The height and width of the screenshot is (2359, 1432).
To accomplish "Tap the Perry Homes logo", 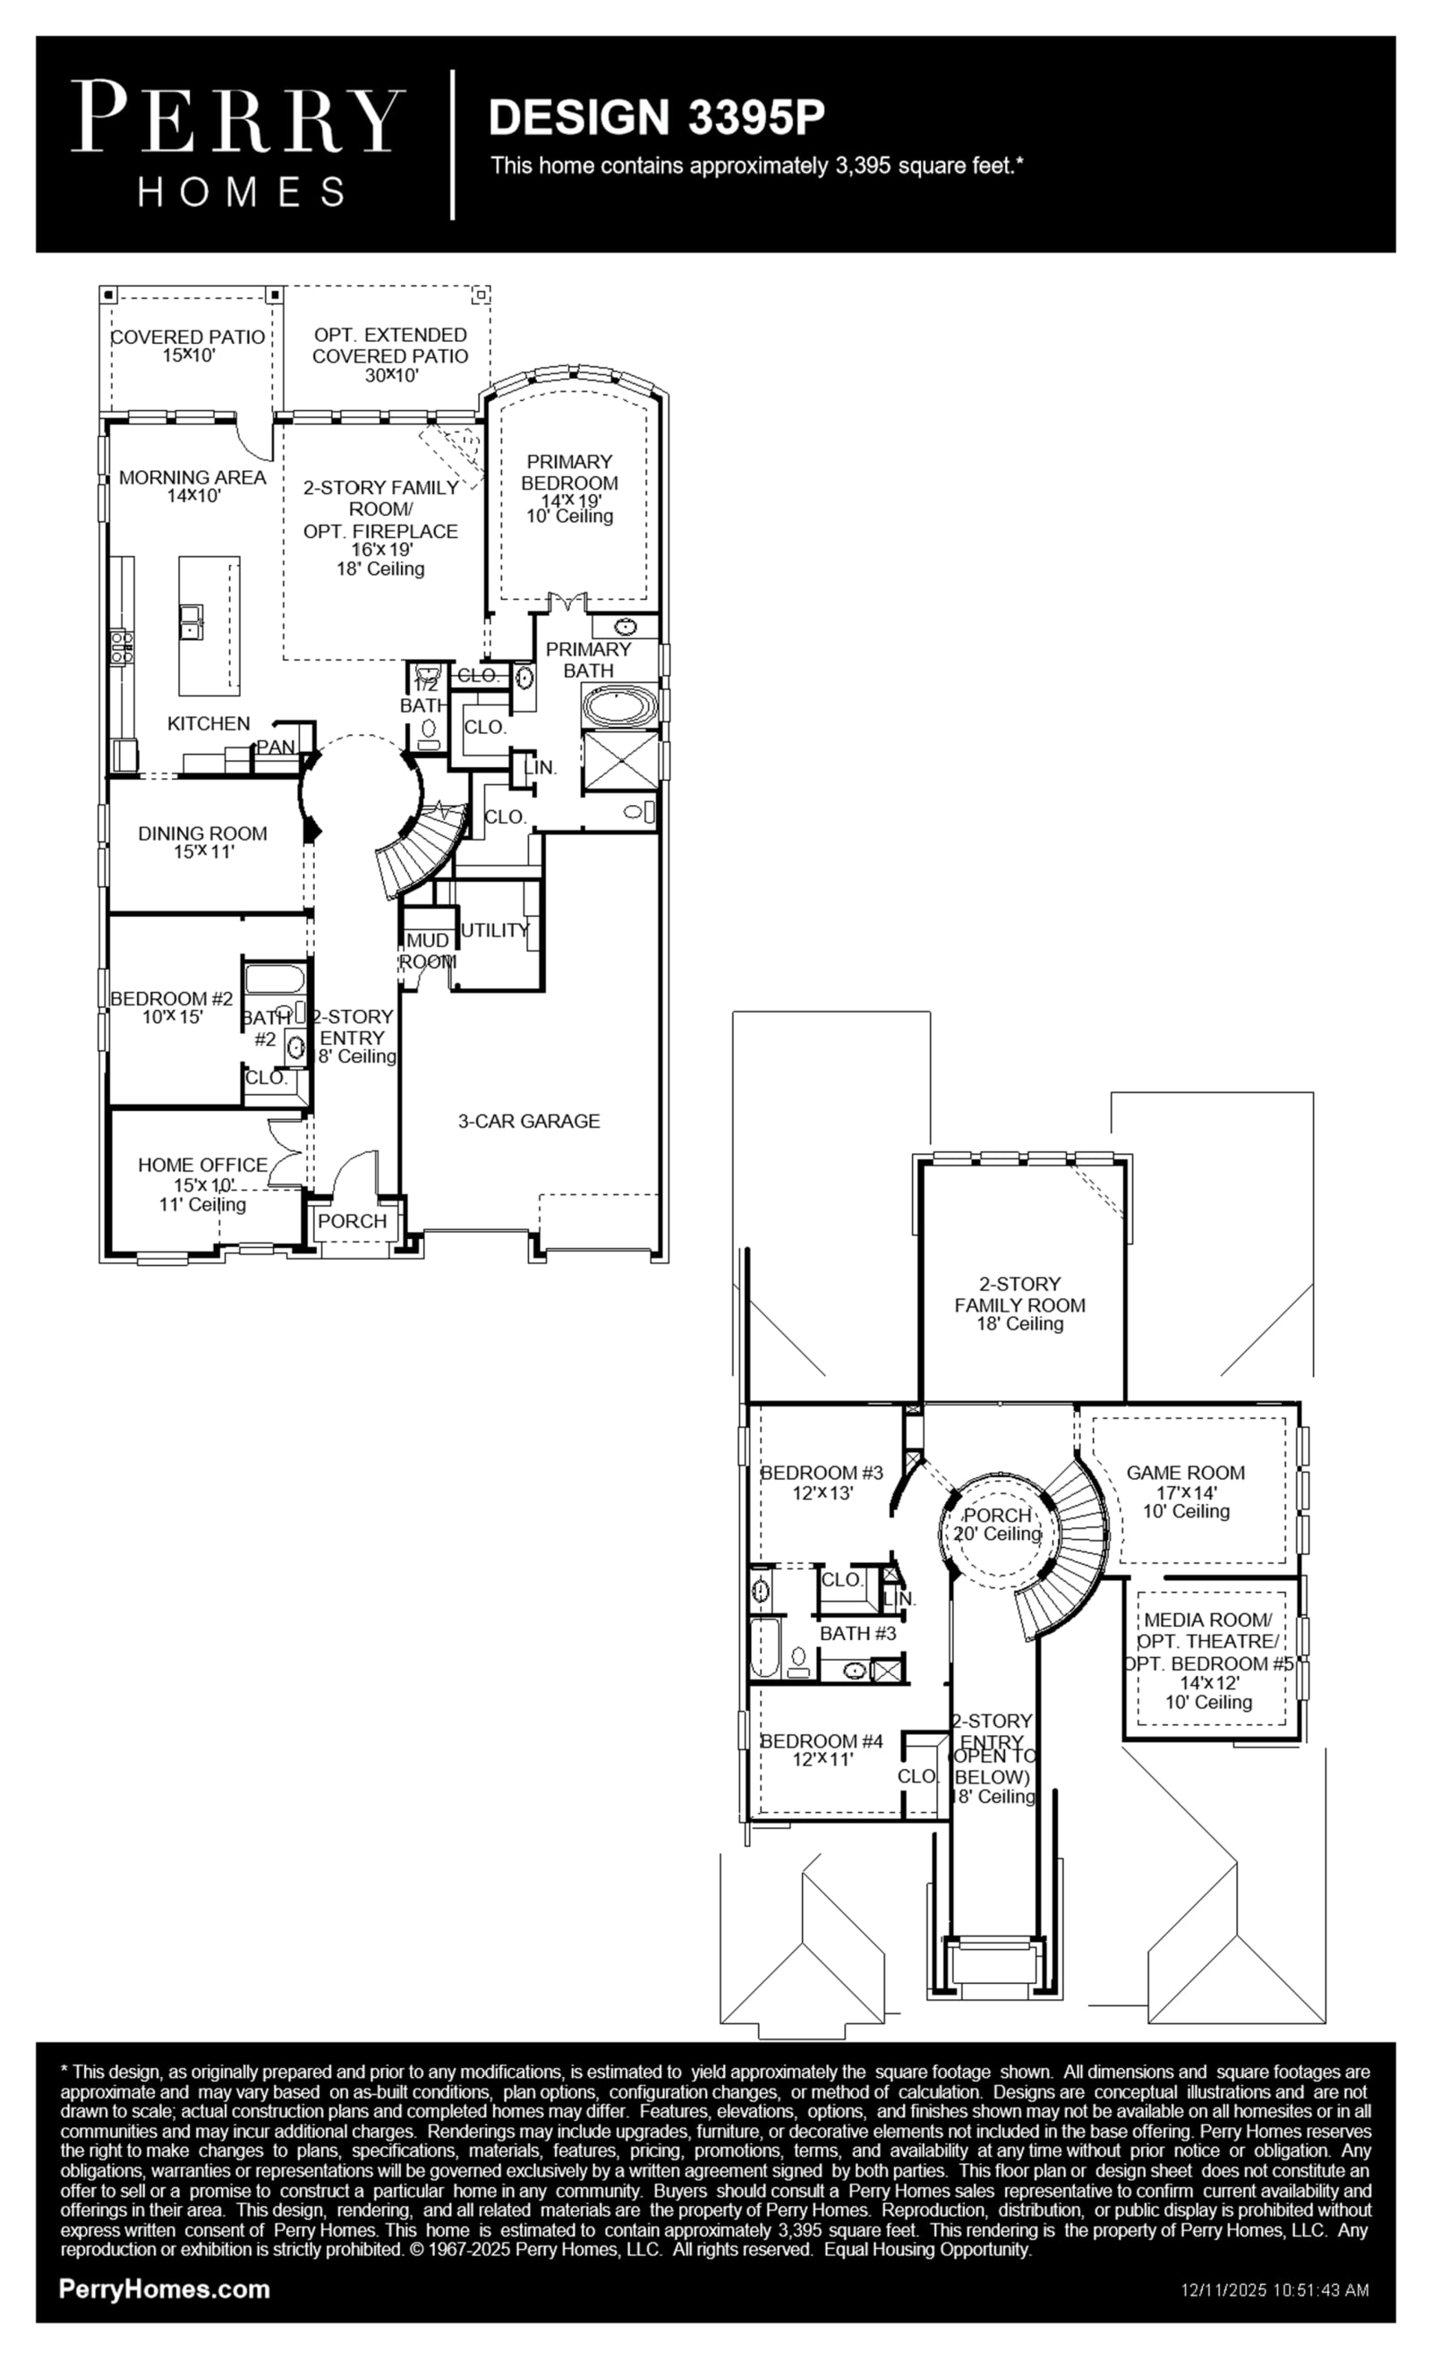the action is [x=238, y=143].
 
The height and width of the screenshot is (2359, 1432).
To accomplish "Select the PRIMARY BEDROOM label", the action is [x=569, y=472].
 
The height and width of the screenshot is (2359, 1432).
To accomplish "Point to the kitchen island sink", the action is [x=192, y=620].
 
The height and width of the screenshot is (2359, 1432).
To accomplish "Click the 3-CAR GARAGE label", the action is [x=528, y=1121].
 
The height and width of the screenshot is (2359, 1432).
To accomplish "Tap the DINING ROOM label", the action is [x=202, y=833].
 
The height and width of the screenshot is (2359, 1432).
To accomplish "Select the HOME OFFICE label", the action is [x=203, y=1164].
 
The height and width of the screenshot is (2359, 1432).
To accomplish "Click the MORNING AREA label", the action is [x=192, y=477].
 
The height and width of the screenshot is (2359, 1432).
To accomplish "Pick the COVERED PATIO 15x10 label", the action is [x=188, y=346].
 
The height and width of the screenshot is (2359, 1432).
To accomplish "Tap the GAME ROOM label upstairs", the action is [x=1185, y=1473].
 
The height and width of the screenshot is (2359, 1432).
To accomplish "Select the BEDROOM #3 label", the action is [x=822, y=1473].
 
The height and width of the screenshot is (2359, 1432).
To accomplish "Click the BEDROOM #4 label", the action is [x=822, y=1740].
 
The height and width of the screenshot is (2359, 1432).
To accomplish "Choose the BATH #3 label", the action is [x=857, y=1633].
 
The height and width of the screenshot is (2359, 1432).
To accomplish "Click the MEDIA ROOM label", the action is [x=1208, y=1620].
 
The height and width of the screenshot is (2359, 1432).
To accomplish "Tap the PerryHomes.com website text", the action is [x=164, y=2289].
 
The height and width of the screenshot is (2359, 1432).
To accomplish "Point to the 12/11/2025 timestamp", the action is [x=1275, y=2290].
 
